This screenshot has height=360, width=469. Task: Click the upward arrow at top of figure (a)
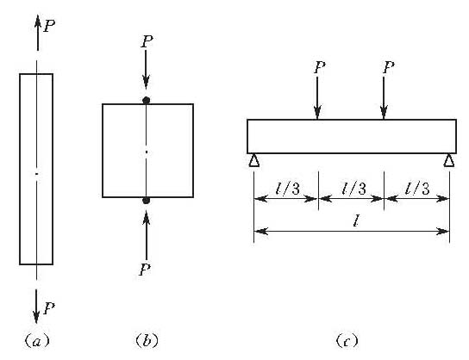point(38,32)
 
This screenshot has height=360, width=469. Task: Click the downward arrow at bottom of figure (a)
point(36,307)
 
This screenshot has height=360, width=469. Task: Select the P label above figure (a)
point(49,26)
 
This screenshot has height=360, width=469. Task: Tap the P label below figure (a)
point(49,308)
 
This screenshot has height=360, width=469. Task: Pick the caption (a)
point(37,340)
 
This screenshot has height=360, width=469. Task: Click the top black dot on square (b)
point(146,101)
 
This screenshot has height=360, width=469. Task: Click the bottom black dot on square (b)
point(146,201)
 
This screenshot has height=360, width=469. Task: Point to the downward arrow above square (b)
point(146,70)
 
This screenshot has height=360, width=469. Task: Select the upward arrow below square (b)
point(147,235)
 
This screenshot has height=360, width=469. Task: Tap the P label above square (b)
point(147,41)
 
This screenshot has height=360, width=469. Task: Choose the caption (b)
point(147,340)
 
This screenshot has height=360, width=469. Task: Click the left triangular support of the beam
point(254,160)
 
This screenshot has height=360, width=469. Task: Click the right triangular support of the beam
point(449,160)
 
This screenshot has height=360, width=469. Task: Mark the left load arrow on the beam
point(317,98)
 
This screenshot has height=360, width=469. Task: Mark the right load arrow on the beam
point(384,98)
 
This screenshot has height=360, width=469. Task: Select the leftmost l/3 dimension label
point(287,189)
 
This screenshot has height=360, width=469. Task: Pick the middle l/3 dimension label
point(353,189)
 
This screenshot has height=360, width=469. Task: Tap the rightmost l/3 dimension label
point(417,189)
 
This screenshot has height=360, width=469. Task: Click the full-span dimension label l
point(356,221)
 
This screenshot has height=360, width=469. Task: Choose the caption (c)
point(347,340)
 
